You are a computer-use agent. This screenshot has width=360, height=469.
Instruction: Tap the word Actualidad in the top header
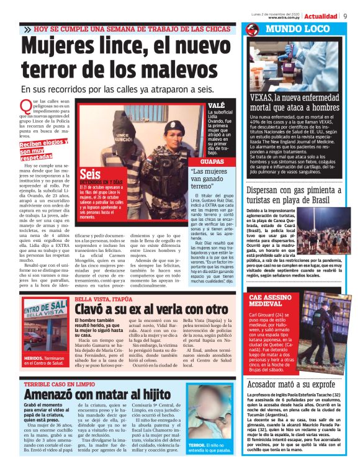click(321, 16)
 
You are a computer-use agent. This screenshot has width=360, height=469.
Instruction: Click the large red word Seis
click(90, 174)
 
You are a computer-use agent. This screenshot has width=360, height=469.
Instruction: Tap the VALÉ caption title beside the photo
click(217, 106)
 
